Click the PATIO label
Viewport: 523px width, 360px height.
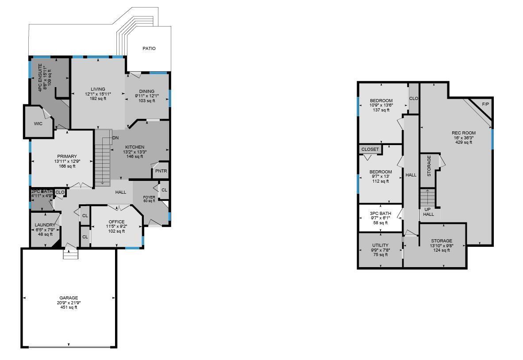(149, 49)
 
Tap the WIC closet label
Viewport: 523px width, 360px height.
(38, 124)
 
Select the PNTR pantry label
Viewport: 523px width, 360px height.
(161, 171)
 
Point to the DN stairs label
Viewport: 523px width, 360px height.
(115, 138)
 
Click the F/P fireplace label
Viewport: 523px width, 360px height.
(485, 104)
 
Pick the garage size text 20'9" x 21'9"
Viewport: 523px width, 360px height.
(69, 303)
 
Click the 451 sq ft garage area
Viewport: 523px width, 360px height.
(69, 307)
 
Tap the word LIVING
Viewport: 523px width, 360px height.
(98, 89)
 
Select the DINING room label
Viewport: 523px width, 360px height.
(146, 92)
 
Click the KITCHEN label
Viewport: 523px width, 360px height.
(135, 147)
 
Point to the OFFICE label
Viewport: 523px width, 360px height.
(116, 222)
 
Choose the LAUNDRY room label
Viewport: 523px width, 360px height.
(45, 225)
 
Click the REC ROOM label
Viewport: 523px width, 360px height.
(463, 133)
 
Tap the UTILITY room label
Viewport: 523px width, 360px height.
(380, 245)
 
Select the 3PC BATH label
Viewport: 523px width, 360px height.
(381, 214)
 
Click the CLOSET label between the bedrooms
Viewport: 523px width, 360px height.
(370, 149)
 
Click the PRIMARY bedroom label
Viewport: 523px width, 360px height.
(67, 157)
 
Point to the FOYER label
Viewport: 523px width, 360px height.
(149, 197)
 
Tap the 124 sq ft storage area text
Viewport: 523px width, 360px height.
(442, 250)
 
